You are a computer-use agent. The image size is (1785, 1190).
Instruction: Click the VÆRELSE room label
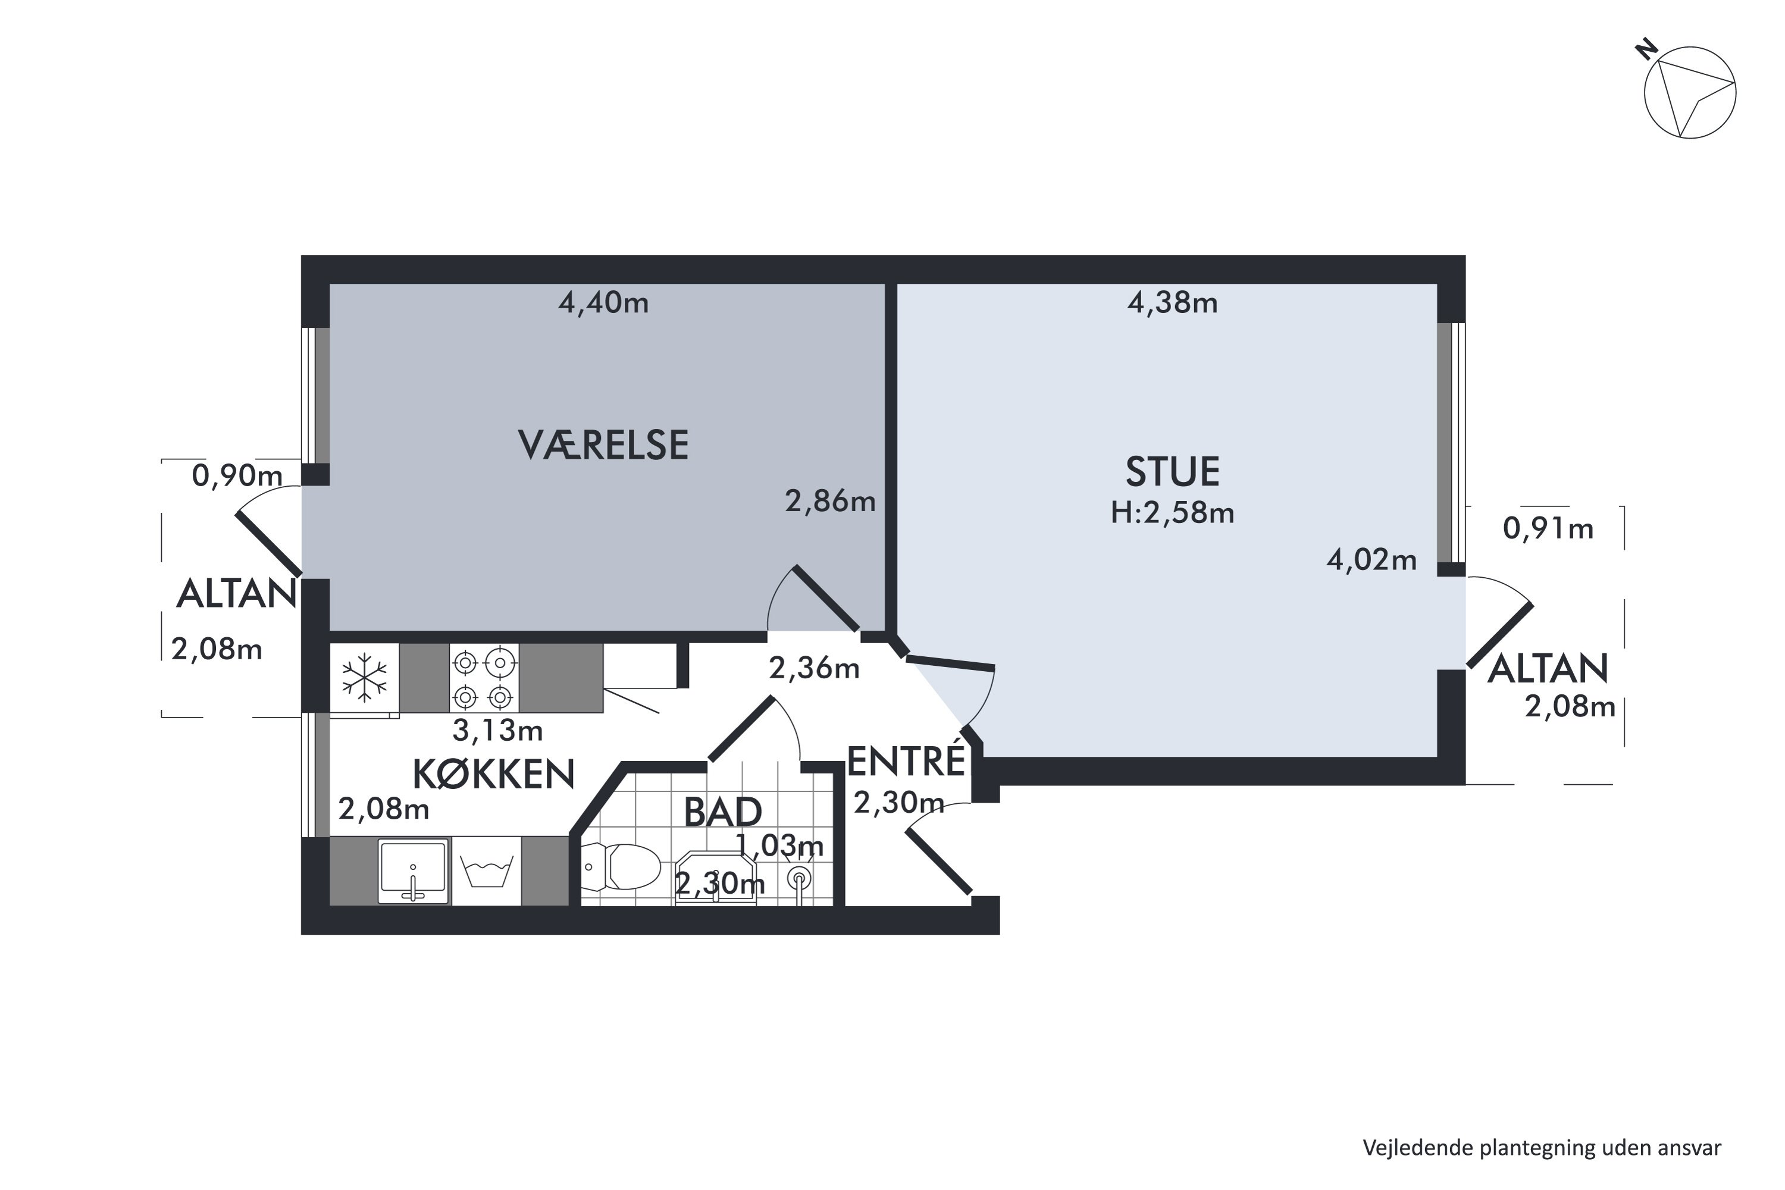pos(603,446)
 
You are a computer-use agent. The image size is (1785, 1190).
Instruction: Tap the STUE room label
pos(1173,472)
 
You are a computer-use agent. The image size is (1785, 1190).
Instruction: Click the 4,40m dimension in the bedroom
pos(603,303)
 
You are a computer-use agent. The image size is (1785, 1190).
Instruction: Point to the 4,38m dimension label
pos(1173,303)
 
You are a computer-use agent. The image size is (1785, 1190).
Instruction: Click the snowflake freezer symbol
pos(364,677)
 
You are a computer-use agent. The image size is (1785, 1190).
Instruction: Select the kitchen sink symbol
pos(413,870)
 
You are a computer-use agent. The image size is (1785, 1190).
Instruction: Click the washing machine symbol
pos(487,871)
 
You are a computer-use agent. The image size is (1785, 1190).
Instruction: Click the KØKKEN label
pos(493,775)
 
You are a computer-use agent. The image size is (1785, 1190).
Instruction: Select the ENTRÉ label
pos(906,762)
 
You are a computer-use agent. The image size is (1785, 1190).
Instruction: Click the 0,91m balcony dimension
pos(1548,529)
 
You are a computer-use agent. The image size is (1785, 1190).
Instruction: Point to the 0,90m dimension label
pos(237,477)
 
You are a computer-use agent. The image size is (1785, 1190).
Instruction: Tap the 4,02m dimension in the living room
pos(1371,560)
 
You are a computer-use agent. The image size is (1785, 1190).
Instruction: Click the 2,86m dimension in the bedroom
pos(829,502)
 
